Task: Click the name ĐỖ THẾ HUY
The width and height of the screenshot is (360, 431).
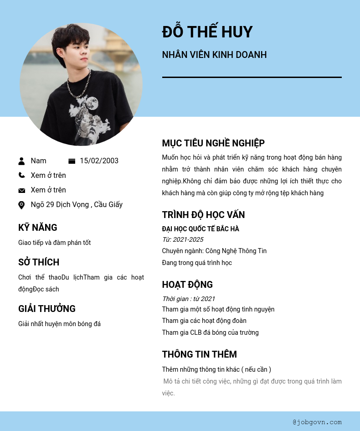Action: pos(207,32)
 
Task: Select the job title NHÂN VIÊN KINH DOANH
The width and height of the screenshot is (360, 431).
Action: pos(214,55)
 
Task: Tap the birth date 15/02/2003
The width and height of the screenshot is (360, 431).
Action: pos(99,161)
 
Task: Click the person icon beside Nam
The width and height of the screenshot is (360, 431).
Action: pos(21,161)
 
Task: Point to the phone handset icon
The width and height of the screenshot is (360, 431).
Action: pos(21,175)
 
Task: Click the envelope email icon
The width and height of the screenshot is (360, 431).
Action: pos(21,190)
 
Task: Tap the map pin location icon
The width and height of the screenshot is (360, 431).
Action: pos(21,205)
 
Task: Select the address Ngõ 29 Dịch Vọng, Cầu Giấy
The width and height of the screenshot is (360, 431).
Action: pos(77,205)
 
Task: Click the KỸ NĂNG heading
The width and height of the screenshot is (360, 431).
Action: pos(38,228)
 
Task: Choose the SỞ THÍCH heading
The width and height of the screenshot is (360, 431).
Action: pos(39,262)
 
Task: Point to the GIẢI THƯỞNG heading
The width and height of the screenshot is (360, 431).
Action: pos(47,309)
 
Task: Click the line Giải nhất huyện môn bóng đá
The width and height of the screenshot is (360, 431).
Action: pos(59,324)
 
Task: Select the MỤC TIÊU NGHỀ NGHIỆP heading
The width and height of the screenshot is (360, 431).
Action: pos(213,143)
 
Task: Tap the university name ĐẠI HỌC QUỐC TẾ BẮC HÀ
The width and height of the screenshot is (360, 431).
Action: pos(201,229)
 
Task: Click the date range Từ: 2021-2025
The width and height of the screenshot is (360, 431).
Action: pos(183,239)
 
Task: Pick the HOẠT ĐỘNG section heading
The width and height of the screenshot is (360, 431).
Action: pos(187,285)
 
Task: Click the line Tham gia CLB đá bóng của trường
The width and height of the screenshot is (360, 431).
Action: pos(210,332)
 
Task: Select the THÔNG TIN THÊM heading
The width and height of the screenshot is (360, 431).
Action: pos(199,354)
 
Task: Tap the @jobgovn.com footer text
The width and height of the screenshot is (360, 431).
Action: pos(317,422)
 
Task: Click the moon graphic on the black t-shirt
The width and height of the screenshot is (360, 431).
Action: pos(92,103)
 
